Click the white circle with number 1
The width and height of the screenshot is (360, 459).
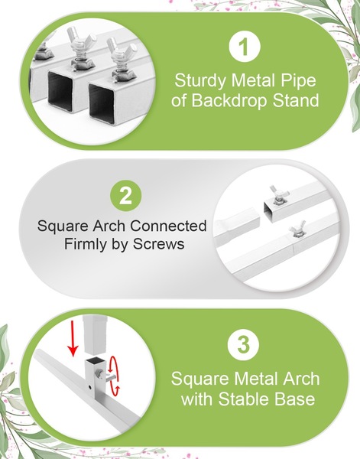(245, 47)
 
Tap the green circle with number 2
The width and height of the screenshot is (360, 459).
(126, 196)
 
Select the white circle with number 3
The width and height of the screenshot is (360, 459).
(243, 344)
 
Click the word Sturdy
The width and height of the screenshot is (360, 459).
(200, 80)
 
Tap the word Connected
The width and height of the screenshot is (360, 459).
(168, 226)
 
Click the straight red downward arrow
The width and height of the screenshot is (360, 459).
(73, 338)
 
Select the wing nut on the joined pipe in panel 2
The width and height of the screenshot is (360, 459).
(297, 229)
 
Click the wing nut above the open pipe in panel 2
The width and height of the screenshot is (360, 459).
(279, 194)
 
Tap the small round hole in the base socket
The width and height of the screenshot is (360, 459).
(89, 387)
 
